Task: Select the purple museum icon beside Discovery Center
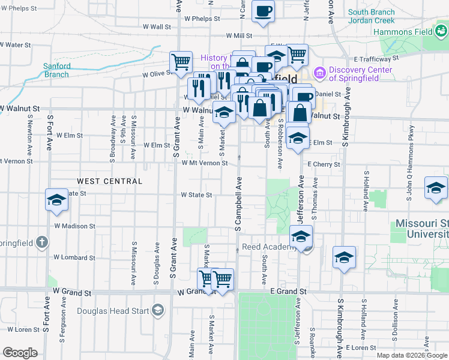coord(319,74)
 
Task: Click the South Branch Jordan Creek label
coord(371,16)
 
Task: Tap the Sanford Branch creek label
coord(57,70)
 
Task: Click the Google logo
coord(20,353)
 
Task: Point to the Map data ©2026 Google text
coord(411,355)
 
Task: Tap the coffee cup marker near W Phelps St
coord(263,11)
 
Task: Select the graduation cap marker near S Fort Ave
coord(56,200)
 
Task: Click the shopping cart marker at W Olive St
coord(181,62)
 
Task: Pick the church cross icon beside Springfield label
coord(41,242)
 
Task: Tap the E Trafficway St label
coord(376,59)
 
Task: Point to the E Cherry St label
coord(324,164)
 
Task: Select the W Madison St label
coord(74,226)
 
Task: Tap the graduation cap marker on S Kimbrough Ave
coord(345,257)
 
